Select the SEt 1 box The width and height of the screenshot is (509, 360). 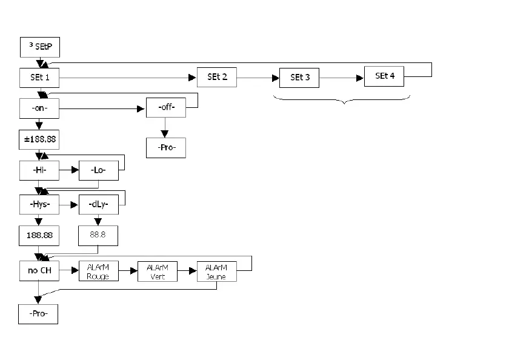[39, 78]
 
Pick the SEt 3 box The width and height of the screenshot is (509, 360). [299, 78]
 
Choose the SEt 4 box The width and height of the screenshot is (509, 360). [384, 76]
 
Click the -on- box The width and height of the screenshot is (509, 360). [39, 108]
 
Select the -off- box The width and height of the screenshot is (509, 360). [166, 108]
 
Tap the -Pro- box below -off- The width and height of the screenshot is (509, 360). [166, 147]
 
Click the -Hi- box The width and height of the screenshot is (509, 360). [39, 171]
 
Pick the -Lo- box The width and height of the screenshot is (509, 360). [99, 171]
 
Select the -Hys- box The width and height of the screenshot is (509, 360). [39, 205]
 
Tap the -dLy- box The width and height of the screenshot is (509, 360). [99, 205]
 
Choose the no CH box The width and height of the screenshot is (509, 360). [39, 271]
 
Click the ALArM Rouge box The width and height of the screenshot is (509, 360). [98, 272]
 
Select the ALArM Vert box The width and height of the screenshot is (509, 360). [158, 272]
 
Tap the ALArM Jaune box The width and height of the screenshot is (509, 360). [216, 272]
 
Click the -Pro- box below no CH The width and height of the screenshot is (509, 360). [38, 313]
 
